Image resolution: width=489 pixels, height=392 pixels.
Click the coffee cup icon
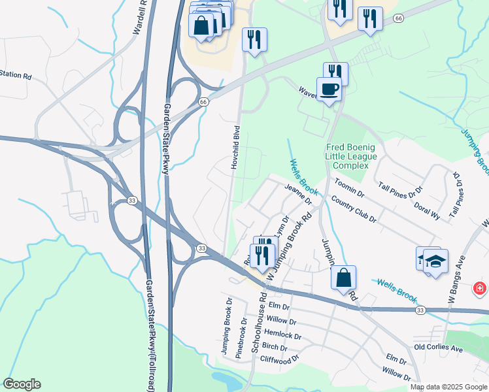click(329, 89)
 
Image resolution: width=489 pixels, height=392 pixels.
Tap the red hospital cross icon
click(480, 287)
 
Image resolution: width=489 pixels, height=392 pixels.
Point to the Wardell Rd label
click(139, 17)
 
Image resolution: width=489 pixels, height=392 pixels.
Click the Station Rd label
click(16, 75)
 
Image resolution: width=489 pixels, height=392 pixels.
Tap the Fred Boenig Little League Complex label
click(356, 156)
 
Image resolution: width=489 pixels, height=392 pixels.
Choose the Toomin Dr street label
click(349, 188)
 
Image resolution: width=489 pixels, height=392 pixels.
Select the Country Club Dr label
click(354, 208)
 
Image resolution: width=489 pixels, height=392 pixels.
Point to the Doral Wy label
click(426, 204)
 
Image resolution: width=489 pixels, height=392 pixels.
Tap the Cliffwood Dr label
click(279, 359)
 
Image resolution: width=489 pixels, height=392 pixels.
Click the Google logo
click(22, 384)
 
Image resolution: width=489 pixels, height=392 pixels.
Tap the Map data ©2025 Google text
click(448, 387)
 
